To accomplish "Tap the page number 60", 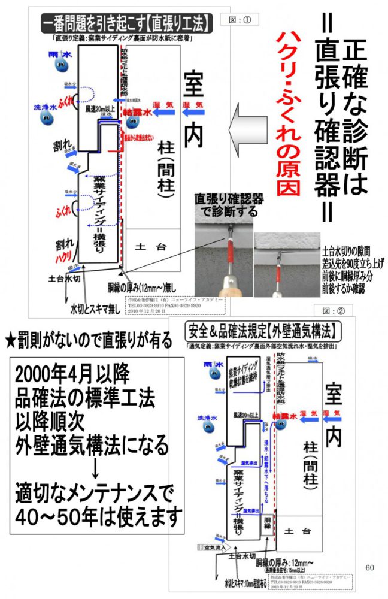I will click(x=369, y=567).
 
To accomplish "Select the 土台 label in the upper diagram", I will click(x=147, y=246).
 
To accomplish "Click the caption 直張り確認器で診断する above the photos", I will click(x=226, y=205).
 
